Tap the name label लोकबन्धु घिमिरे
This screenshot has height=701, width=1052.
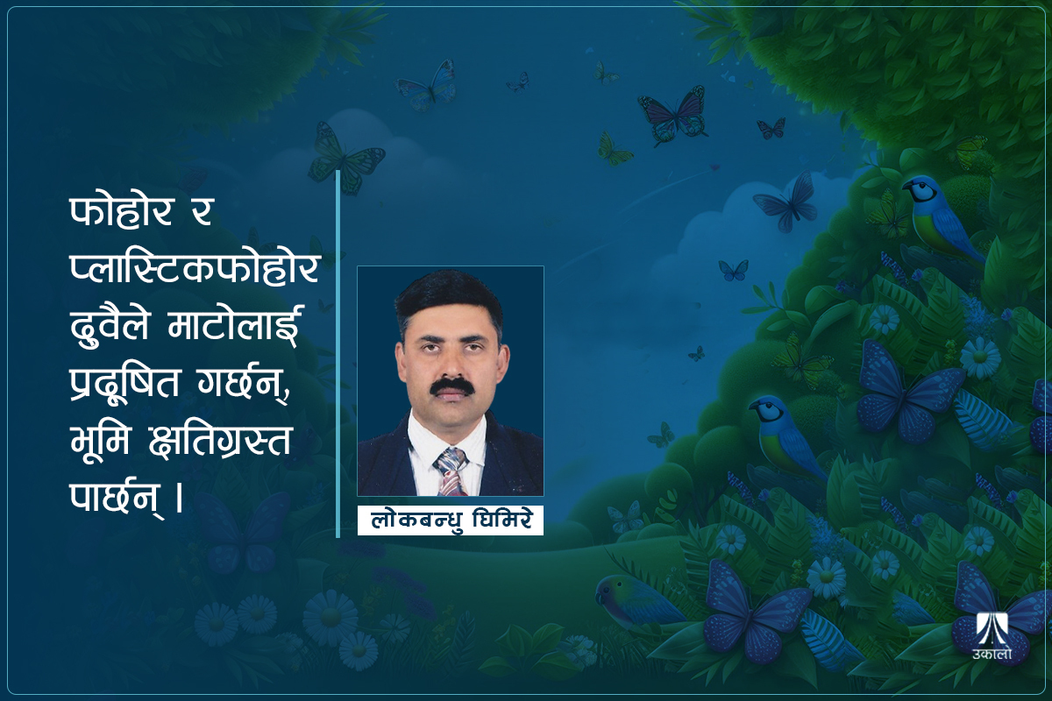[x=451, y=520]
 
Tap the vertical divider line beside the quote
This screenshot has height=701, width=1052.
[x=338, y=350]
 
